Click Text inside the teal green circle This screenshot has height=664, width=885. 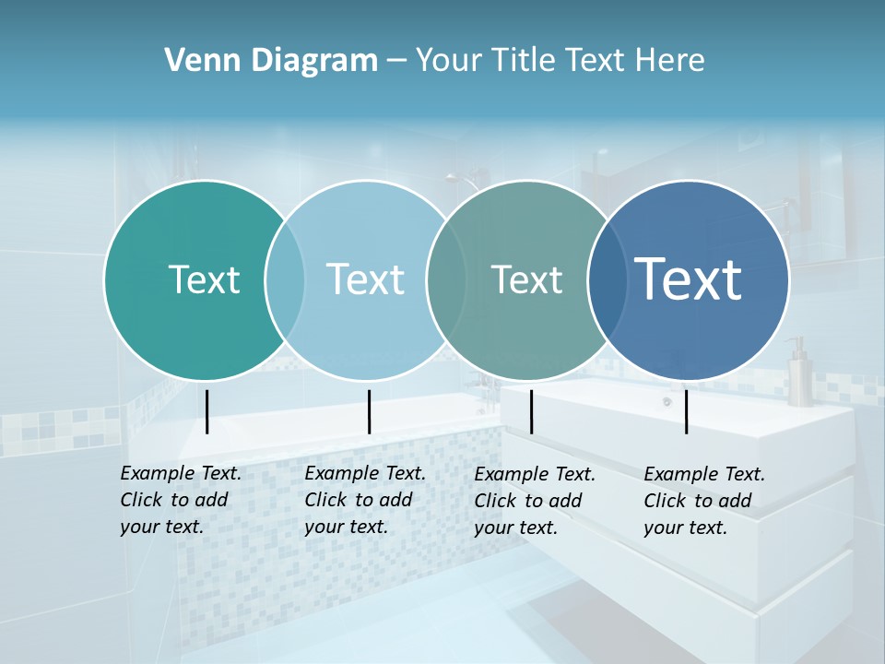204,279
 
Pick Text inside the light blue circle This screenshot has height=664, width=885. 365,279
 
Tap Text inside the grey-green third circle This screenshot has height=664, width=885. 526,279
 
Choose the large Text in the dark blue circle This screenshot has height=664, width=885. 688,279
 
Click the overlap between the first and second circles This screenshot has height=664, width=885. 285,279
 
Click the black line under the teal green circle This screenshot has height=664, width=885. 206,411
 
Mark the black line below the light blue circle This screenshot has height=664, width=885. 369,411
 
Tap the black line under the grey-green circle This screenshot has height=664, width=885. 531,411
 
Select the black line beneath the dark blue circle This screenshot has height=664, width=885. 687,411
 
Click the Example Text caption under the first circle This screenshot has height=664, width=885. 180,500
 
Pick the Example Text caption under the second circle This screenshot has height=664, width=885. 364,500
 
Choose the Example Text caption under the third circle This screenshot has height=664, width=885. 535,501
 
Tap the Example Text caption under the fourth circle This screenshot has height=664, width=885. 704,501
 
